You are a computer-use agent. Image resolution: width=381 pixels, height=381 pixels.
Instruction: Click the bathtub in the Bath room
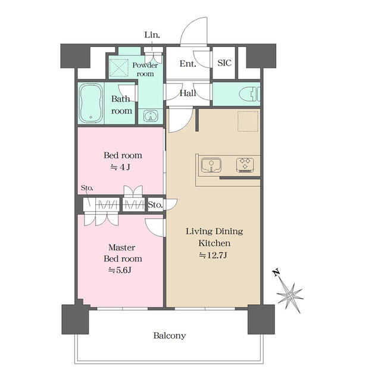[90, 103]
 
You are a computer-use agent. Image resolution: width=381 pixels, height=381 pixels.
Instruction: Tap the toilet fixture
[249, 94]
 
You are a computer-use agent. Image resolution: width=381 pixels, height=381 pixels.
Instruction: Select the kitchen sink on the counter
[211, 165]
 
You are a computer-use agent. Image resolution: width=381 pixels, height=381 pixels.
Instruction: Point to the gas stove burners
[245, 165]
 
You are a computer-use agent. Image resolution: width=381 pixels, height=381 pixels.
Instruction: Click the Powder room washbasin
[151, 115]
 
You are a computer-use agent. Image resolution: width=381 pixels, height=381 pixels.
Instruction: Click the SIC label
[224, 63]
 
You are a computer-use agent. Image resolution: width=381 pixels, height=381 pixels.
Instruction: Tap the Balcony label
[170, 336]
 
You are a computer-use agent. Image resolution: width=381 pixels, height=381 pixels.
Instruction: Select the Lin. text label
[152, 35]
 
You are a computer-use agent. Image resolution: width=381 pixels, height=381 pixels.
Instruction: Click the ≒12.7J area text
[213, 255]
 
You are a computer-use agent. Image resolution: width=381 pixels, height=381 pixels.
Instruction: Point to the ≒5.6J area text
[120, 270]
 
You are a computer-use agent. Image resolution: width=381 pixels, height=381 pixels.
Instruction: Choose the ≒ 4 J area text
[120, 167]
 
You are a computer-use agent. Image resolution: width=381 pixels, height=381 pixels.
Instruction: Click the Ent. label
[188, 64]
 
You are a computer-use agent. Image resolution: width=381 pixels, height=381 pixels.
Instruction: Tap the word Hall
[188, 93]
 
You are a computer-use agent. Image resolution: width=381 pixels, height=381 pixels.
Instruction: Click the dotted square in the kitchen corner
[248, 121]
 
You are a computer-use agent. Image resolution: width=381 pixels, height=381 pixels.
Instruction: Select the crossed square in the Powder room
[119, 68]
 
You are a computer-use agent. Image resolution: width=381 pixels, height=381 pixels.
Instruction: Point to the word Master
[121, 248]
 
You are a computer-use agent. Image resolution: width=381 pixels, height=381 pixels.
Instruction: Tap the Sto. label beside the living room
[155, 205]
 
